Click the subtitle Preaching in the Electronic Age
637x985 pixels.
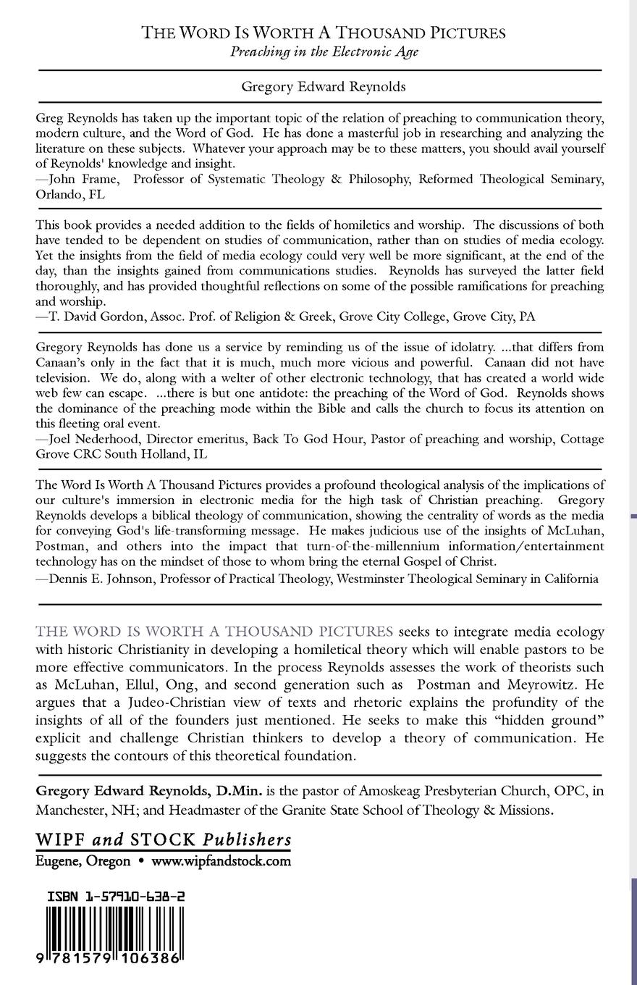click(324, 51)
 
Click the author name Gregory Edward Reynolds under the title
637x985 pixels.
click(324, 87)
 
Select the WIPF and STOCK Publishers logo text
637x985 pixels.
click(164, 839)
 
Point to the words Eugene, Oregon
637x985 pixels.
click(83, 861)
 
